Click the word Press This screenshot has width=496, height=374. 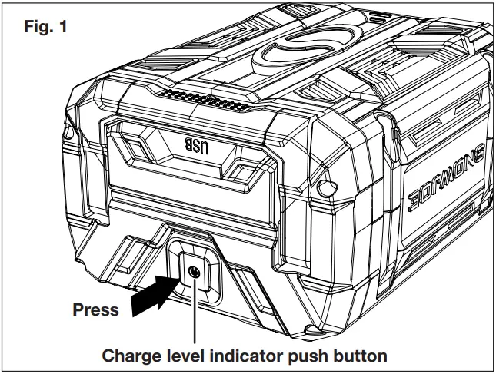(95, 310)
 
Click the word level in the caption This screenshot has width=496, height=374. (190, 356)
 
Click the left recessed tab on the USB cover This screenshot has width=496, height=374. (130, 151)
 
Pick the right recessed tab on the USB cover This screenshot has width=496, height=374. (250, 161)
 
